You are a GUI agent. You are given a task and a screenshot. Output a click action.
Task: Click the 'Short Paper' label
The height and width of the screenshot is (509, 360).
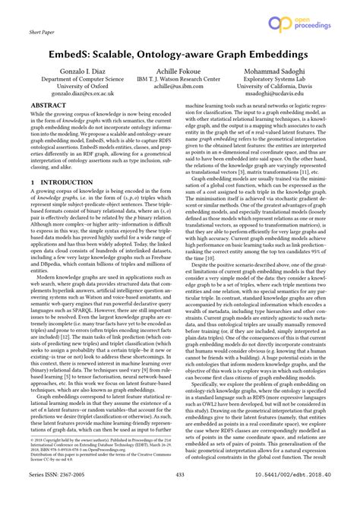43,33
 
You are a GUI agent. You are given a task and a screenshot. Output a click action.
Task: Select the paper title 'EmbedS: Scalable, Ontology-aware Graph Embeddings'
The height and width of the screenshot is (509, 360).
180,56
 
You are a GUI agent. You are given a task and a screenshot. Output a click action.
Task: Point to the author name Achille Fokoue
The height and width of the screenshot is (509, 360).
180,80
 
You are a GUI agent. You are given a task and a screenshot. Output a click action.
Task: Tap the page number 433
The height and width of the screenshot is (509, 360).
180,495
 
